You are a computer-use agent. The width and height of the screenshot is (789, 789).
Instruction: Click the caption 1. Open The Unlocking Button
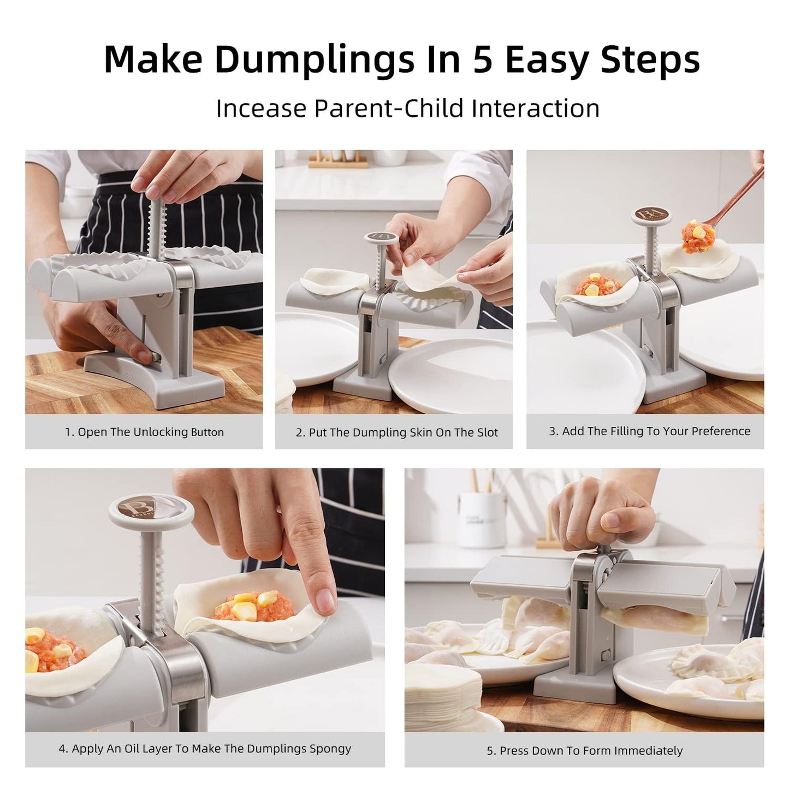(144, 432)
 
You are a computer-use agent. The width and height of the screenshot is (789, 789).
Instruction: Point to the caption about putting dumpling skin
(396, 432)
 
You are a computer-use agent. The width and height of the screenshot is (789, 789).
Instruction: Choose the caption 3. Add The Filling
(649, 431)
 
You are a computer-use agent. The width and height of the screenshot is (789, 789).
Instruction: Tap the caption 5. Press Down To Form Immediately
(584, 751)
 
